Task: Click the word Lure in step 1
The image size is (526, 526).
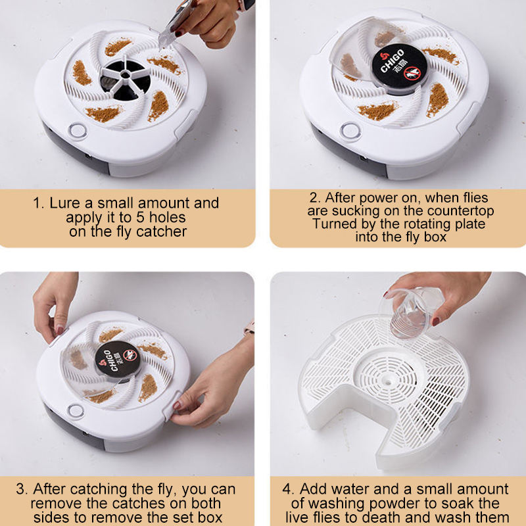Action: (64, 203)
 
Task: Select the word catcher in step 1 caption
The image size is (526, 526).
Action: (162, 231)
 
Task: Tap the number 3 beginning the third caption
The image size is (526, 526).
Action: (22, 490)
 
